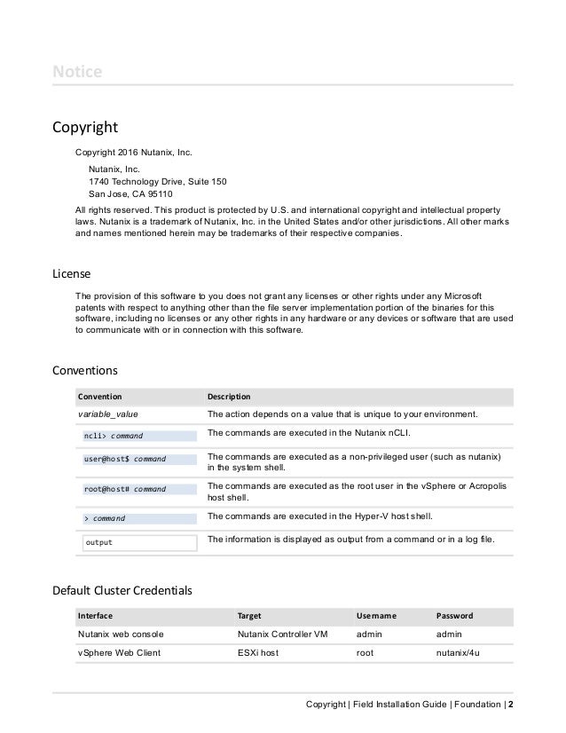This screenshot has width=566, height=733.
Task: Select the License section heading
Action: (72, 273)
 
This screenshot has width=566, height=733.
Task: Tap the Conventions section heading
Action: (84, 367)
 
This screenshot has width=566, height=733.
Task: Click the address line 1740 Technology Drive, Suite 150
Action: (158, 180)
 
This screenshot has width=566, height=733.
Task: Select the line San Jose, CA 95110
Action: (130, 193)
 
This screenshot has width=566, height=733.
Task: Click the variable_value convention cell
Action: (108, 414)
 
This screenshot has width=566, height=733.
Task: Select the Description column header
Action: (229, 396)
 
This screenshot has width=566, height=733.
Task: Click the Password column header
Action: (455, 615)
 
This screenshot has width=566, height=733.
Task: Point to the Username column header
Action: (376, 615)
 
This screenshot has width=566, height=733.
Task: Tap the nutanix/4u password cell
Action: (459, 653)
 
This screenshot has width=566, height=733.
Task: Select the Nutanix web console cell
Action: (121, 634)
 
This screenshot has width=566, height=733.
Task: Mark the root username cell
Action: (365, 653)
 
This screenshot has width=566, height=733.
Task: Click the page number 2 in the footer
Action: (510, 705)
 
